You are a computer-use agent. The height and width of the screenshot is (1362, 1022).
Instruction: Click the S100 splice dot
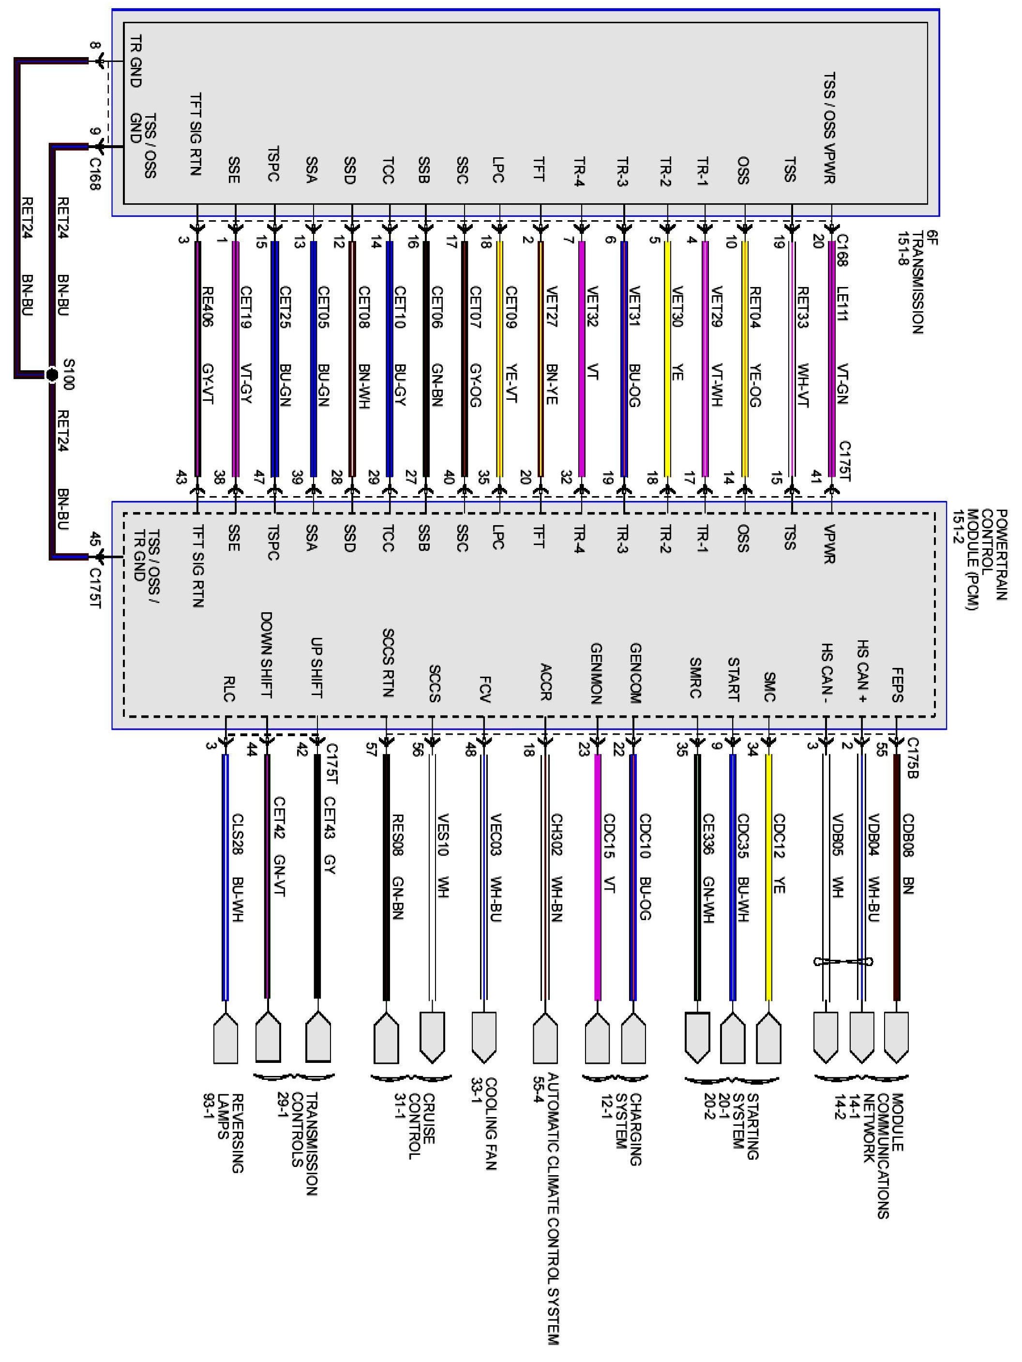point(52,374)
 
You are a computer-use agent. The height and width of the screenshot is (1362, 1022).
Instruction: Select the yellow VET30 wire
point(667,357)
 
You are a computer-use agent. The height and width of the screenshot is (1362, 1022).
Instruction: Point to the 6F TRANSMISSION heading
point(918,283)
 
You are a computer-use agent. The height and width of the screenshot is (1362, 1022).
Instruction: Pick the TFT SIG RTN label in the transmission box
point(196,134)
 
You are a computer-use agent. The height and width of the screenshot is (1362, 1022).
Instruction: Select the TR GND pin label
point(136,61)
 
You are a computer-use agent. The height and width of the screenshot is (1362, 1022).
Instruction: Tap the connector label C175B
point(913,758)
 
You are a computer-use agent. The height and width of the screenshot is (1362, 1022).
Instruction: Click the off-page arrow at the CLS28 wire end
point(225,1041)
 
